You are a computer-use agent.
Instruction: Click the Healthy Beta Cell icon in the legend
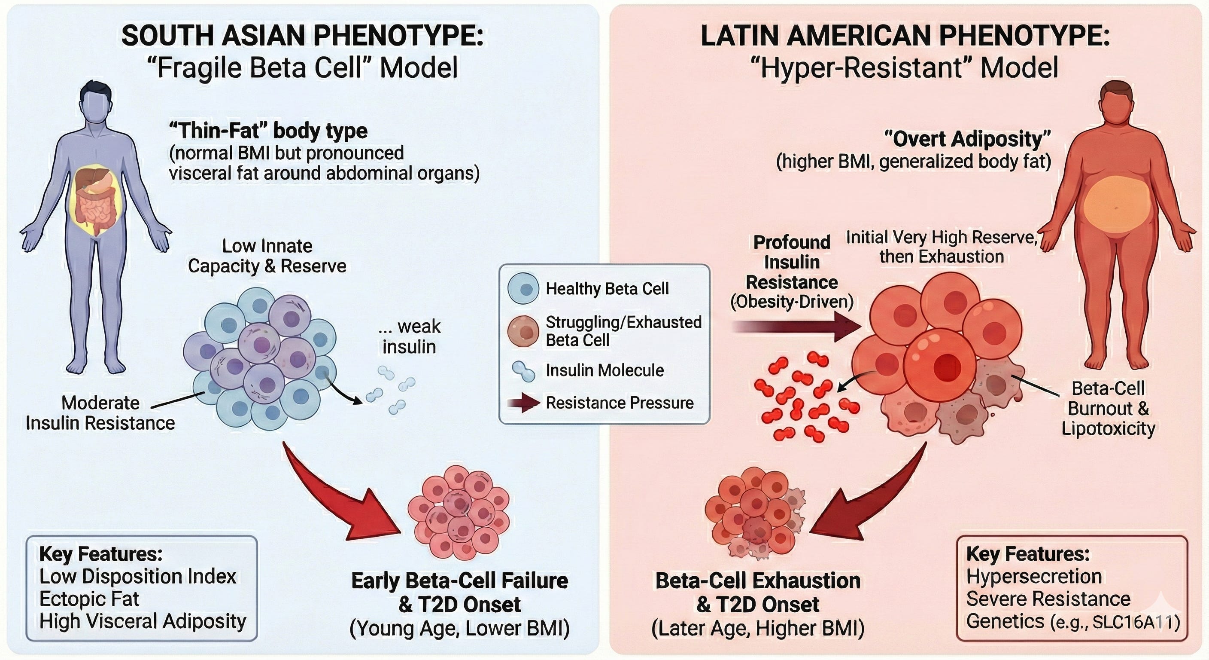pyautogui.click(x=523, y=288)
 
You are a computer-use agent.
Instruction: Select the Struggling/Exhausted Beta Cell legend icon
pyautogui.click(x=523, y=331)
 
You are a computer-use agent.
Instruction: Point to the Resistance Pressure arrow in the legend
pyautogui.click(x=523, y=403)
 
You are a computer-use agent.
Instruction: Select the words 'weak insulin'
pyautogui.click(x=409, y=336)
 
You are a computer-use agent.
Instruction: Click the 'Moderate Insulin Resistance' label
pyautogui.click(x=100, y=413)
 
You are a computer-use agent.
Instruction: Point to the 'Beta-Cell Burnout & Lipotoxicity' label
pyautogui.click(x=1108, y=408)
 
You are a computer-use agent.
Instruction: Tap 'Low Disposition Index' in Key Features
pyautogui.click(x=137, y=576)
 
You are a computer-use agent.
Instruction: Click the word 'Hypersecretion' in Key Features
pyautogui.click(x=1034, y=576)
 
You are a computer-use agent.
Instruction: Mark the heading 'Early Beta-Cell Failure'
pyautogui.click(x=459, y=581)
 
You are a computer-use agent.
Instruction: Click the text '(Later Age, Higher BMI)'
pyautogui.click(x=757, y=629)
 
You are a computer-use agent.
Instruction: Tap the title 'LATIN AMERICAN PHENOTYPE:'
pyautogui.click(x=905, y=36)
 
